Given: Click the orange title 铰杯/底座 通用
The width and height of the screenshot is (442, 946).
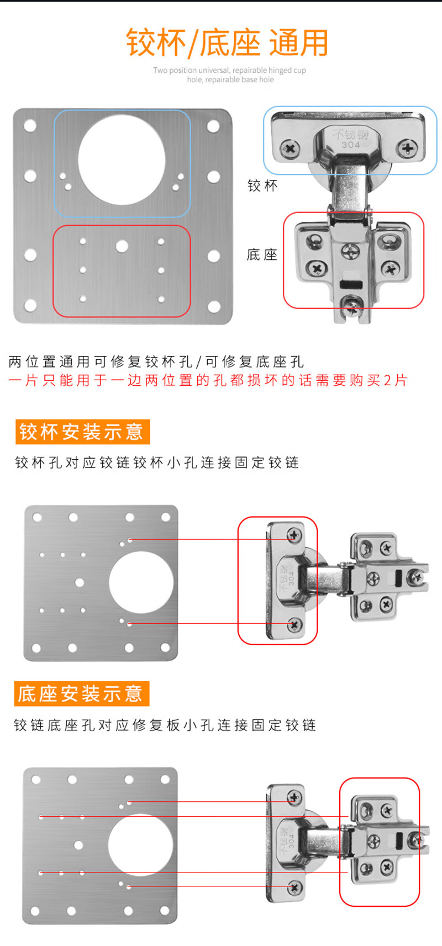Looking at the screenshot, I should [x=227, y=43].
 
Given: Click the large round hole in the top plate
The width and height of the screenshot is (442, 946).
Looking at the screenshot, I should [x=122, y=159].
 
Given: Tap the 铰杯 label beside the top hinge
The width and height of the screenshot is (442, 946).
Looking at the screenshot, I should [x=262, y=185].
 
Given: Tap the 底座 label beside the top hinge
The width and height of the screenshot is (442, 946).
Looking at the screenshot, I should [x=262, y=254].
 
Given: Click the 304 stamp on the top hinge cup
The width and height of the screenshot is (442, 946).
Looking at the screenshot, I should [x=350, y=145].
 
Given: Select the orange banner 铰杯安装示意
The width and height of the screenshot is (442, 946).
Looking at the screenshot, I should [x=82, y=432].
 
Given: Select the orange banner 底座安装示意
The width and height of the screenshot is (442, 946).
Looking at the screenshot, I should [x=81, y=694].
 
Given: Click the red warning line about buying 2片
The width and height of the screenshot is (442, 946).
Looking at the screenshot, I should [x=208, y=380].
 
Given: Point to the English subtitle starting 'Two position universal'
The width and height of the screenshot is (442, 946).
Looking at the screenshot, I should [x=229, y=75].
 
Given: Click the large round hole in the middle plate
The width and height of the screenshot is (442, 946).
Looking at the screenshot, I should [x=141, y=582].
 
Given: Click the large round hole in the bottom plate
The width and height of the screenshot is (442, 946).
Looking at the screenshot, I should [x=140, y=845].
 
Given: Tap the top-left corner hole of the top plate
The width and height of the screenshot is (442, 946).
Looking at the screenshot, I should [x=30, y=126].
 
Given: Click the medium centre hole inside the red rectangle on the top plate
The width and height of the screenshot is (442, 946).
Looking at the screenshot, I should [x=122, y=246].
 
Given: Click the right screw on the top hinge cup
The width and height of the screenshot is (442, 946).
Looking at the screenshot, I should [x=408, y=148].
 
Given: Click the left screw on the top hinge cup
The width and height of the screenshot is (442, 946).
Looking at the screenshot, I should [x=290, y=148].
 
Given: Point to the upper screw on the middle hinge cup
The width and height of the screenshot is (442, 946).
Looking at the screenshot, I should [x=294, y=534].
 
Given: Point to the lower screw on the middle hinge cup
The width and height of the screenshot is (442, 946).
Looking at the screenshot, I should [x=294, y=625].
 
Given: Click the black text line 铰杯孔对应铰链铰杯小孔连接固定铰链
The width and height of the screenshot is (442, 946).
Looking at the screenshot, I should [x=157, y=463].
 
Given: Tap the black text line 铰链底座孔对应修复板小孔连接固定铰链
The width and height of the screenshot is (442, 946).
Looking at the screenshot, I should [x=165, y=725].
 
